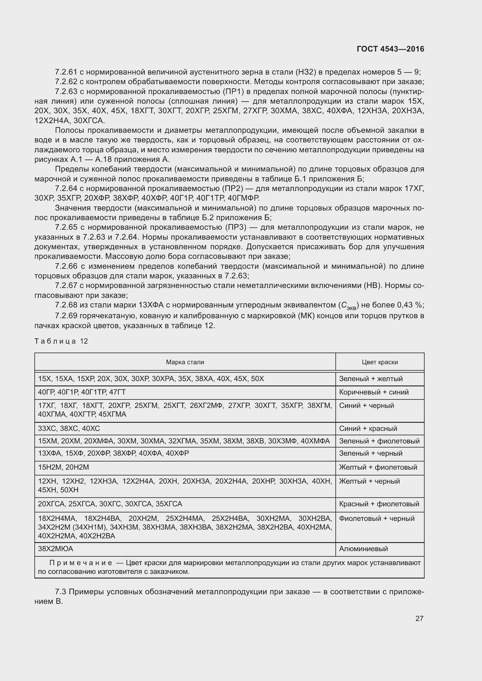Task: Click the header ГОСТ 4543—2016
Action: [390, 49]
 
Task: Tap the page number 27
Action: [419, 618]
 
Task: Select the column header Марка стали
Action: [185, 362]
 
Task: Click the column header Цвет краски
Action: [380, 362]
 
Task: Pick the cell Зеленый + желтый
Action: [371, 379]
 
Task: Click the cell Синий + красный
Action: [368, 428]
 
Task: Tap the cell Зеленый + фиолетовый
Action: [379, 441]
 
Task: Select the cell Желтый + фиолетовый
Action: [378, 468]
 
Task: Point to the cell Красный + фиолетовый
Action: [379, 504]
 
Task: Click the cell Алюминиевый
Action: [363, 549]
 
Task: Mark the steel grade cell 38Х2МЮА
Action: [55, 549]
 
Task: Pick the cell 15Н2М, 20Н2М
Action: [64, 468]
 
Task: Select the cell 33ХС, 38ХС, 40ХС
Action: [69, 428]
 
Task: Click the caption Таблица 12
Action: [61, 341]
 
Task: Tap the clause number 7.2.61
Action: [66, 72]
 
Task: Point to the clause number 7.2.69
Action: [66, 316]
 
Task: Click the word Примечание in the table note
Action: [81, 563]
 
